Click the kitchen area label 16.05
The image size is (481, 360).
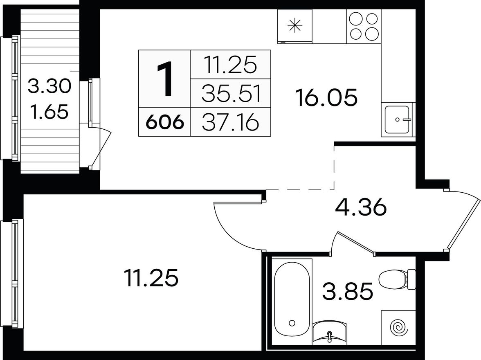(x=326, y=97)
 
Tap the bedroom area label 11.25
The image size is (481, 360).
(x=151, y=278)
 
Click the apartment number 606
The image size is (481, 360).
(x=165, y=123)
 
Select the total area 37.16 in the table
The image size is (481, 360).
(x=231, y=123)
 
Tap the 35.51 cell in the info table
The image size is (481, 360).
(x=232, y=94)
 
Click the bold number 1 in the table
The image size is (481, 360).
(x=165, y=79)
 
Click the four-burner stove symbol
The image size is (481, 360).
(x=364, y=26)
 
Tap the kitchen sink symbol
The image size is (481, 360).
(x=398, y=119)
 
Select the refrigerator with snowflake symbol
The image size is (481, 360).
(x=295, y=26)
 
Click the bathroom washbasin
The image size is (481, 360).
(x=330, y=331)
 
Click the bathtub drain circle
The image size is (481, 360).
(x=292, y=323)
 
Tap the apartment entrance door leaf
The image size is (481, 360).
(x=463, y=223)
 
